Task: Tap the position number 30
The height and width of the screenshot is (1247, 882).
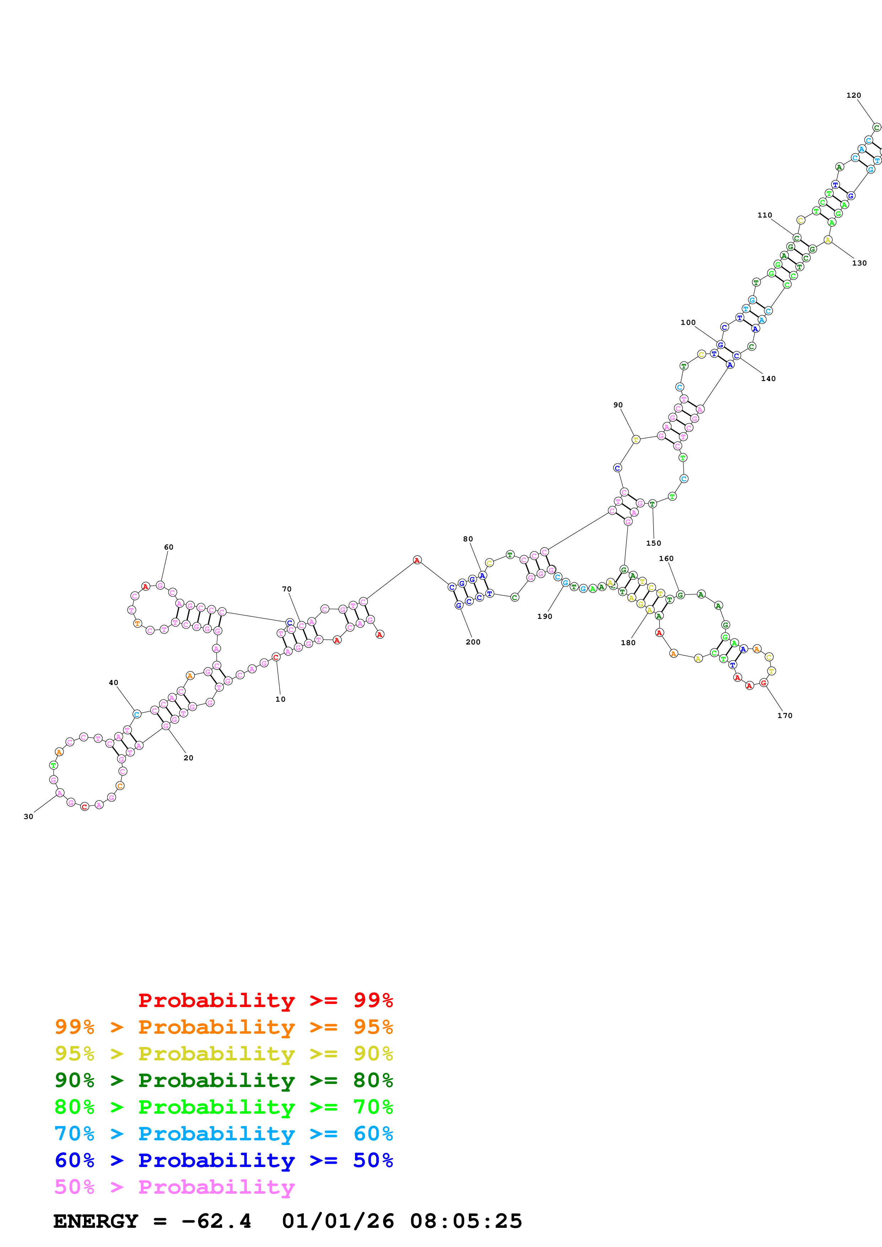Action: [28, 816]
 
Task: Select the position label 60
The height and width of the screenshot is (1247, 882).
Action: [168, 547]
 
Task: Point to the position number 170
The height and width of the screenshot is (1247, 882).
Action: [784, 715]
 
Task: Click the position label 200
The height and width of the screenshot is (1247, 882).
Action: [473, 642]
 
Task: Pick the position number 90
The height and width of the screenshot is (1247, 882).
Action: [618, 405]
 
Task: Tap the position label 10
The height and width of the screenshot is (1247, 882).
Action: [280, 699]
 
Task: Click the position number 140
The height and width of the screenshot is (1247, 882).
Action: [768, 379]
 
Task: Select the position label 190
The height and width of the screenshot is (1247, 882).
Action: [544, 616]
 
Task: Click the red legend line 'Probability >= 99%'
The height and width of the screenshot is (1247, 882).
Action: [265, 1000]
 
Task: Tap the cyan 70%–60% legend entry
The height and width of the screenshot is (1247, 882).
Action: [223, 1134]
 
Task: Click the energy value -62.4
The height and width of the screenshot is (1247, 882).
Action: [216, 1221]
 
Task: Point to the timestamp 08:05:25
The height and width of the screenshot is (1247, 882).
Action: [466, 1221]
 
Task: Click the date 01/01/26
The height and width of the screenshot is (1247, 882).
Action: [338, 1221]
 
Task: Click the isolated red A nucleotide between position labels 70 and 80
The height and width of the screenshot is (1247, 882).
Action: [417, 560]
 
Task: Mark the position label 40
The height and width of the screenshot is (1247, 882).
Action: [113, 683]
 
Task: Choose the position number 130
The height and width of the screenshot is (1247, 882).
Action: [859, 263]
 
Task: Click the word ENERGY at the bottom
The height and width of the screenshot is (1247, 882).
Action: [96, 1221]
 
